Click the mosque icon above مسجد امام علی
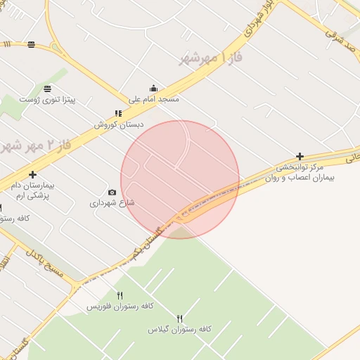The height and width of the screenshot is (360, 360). [153, 89]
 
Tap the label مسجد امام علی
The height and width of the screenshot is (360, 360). [153, 100]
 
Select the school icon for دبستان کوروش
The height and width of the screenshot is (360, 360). [118, 113]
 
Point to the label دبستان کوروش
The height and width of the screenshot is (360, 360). [119, 124]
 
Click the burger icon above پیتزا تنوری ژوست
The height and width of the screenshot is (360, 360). [47, 89]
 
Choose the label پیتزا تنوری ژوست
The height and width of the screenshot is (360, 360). [47, 101]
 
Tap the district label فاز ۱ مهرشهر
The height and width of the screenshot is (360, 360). [211, 58]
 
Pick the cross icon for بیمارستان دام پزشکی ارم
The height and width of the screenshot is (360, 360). [32, 174]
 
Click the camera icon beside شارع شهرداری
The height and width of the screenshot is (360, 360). [112, 192]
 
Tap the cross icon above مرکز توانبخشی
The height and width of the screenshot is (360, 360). [300, 156]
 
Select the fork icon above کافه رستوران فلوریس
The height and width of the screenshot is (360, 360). [120, 295]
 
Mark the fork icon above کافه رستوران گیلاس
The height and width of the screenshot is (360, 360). [179, 318]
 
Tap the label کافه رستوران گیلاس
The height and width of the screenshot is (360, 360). [179, 329]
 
